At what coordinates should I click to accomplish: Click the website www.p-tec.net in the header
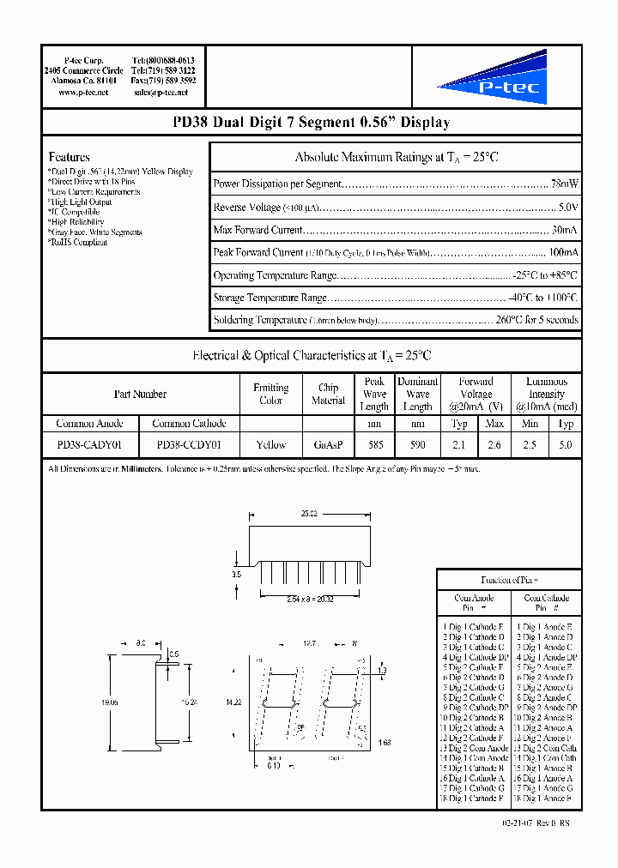83,92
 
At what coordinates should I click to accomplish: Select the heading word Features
70,157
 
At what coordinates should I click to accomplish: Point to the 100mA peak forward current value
563,253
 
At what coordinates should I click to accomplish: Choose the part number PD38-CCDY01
189,444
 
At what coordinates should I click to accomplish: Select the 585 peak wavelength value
374,444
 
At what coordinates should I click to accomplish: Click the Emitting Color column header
270,394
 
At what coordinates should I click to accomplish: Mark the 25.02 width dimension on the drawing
310,515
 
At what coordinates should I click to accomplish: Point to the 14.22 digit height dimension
232,702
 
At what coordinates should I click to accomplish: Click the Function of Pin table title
510,580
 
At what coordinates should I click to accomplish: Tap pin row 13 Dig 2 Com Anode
474,748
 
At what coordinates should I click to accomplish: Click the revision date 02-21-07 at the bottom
522,823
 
